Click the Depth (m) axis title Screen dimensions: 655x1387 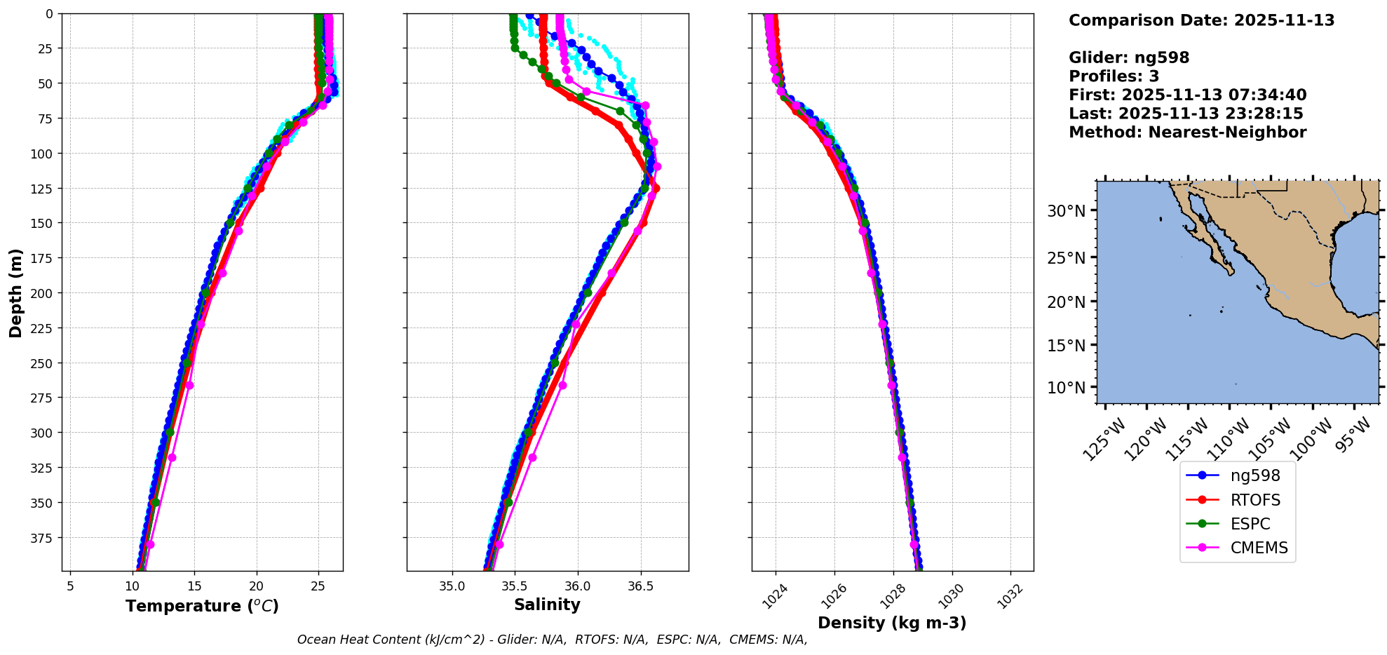[x=15, y=292]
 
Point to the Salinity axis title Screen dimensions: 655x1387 [x=547, y=605]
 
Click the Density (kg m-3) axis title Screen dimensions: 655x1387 [x=892, y=623]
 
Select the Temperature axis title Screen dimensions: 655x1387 [x=202, y=606]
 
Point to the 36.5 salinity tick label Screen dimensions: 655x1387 [x=640, y=586]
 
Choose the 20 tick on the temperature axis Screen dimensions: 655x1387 [x=256, y=586]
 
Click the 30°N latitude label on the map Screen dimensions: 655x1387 [x=1066, y=211]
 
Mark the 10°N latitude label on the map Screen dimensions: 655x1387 [x=1066, y=388]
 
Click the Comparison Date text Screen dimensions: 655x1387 [x=1201, y=20]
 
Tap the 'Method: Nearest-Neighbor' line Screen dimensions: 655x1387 [x=1187, y=133]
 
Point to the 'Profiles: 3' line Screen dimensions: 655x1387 [x=1114, y=76]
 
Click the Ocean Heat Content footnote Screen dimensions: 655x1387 [x=552, y=640]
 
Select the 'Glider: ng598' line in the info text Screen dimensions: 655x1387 [x=1129, y=58]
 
